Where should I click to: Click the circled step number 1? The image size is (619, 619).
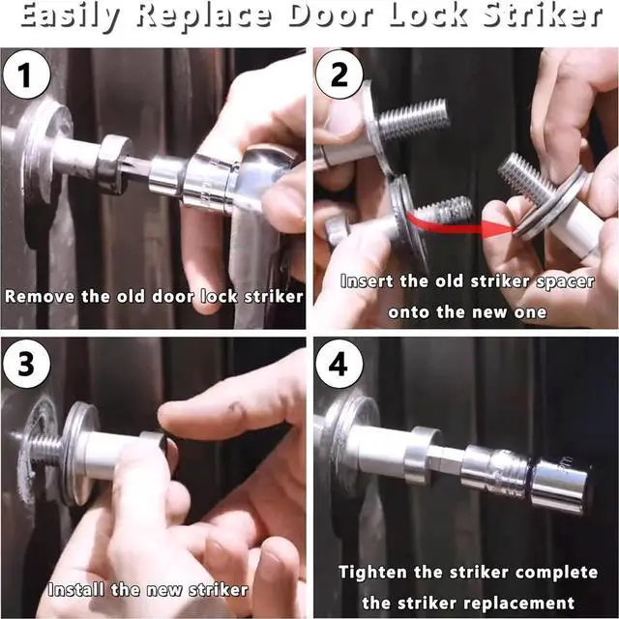point(26,74)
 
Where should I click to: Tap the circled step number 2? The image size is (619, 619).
point(339,74)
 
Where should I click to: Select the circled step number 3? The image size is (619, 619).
point(26,364)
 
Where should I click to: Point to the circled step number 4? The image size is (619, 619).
point(339,364)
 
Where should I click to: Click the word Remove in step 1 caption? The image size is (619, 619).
point(40,296)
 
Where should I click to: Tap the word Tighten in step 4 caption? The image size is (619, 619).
point(368,572)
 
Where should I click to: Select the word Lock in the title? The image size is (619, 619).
point(427,16)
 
